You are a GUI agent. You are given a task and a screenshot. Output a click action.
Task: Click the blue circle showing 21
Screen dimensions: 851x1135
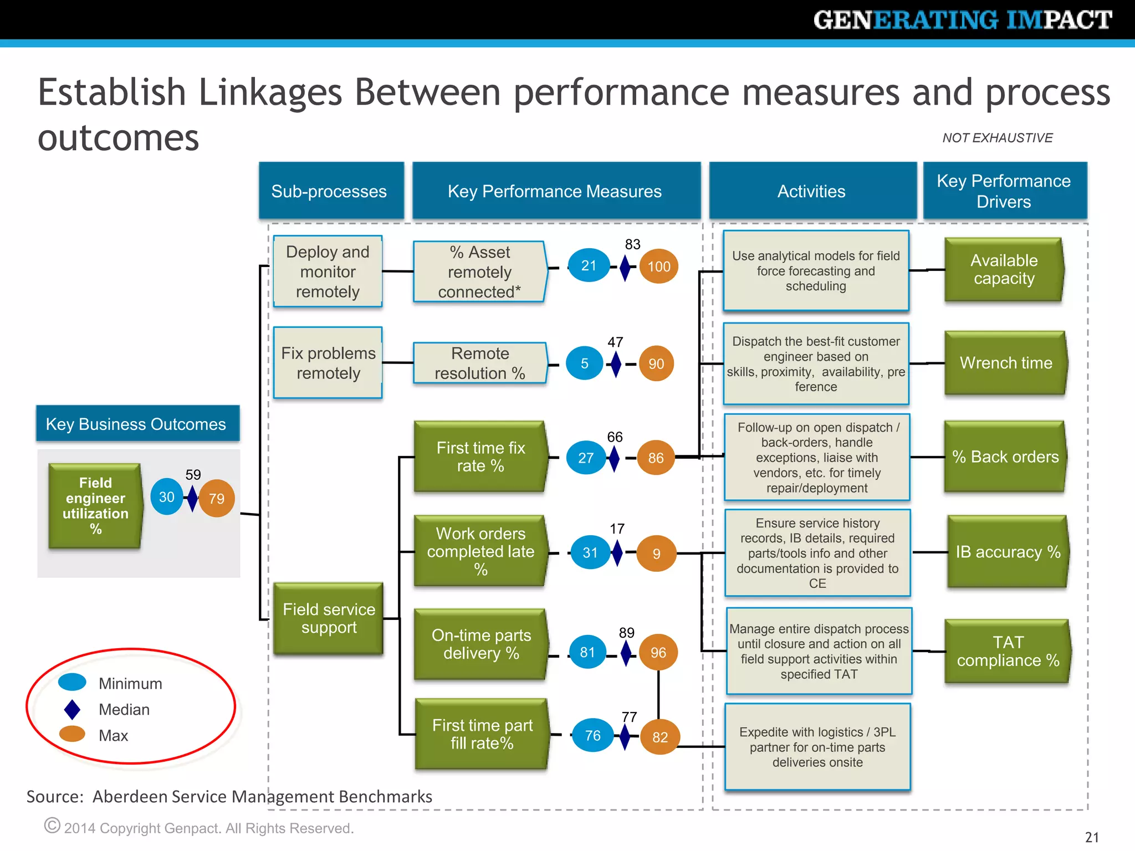[589, 265]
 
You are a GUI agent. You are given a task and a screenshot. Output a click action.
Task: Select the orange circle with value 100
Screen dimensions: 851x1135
[658, 266]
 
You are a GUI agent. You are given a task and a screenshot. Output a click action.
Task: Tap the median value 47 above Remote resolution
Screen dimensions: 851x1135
[615, 342]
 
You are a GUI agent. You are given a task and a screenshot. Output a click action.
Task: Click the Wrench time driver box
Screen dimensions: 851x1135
[1005, 363]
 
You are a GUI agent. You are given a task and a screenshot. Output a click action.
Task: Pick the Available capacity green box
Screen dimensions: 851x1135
[1004, 269]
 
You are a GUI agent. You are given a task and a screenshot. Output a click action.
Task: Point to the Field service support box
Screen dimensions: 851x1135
[329, 618]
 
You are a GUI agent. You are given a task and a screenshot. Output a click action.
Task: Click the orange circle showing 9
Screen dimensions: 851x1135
[656, 553]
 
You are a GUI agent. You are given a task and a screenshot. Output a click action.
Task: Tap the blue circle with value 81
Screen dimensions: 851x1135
[587, 652]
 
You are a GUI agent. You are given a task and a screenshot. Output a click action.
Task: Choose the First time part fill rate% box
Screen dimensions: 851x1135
[482, 734]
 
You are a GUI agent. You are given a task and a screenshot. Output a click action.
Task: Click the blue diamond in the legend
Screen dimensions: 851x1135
[72, 710]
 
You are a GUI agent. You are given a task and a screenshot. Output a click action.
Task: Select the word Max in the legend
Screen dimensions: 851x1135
[113, 736]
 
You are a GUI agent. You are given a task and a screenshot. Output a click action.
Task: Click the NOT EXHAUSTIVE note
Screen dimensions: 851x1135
[997, 138]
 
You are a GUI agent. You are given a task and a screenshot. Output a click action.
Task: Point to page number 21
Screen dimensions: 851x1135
[1091, 837]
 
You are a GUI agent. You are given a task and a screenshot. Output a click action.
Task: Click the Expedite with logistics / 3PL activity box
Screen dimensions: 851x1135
[817, 747]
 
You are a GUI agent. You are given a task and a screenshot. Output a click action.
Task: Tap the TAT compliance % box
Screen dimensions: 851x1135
[1007, 651]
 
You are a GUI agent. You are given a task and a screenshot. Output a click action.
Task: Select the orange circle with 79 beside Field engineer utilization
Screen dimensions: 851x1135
[216, 499]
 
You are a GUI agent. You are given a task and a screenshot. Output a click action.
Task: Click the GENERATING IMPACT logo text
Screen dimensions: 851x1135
[962, 20]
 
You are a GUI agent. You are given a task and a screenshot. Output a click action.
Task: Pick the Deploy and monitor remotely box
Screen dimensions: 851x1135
[328, 271]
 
